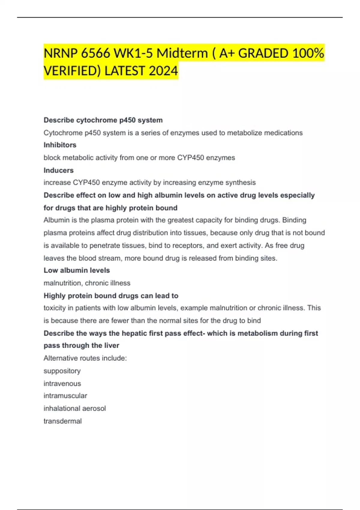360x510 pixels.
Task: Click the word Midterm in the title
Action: click(182, 53)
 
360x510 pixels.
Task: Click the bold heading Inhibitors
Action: click(60, 145)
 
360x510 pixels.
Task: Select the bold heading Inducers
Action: click(58, 170)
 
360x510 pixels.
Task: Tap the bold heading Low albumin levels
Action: click(77, 270)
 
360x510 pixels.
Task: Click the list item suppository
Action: click(62, 371)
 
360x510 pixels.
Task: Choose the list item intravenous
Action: click(62, 383)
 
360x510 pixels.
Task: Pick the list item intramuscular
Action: click(65, 396)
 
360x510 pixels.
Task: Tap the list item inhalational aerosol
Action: click(75, 408)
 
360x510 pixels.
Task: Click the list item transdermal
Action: click(63, 421)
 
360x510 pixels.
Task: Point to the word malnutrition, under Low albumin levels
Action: click(63, 283)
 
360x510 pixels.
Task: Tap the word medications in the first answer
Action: click(283, 133)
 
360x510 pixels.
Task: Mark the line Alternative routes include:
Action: click(85, 358)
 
